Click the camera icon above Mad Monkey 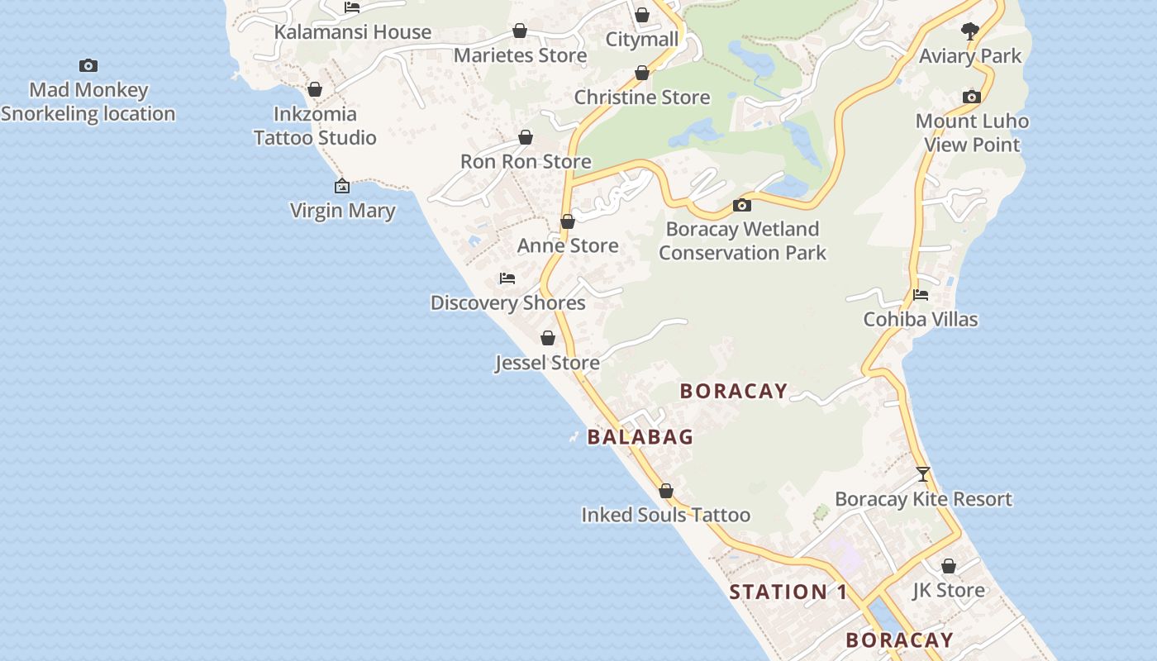tap(88, 66)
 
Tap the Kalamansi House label tap(353, 32)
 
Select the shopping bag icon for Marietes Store tap(520, 31)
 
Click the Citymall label tap(642, 40)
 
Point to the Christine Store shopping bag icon tap(642, 74)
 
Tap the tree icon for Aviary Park tap(970, 32)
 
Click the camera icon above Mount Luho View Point tap(972, 97)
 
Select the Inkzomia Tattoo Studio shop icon tap(315, 89)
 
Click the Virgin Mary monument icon tap(342, 187)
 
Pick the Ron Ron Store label tap(526, 161)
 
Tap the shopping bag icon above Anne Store tap(568, 221)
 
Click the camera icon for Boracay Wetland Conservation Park tap(742, 205)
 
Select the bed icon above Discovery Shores tap(507, 278)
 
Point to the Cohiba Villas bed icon tap(921, 295)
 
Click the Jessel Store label tap(547, 363)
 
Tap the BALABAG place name tap(640, 437)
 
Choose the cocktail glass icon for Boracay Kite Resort tap(923, 474)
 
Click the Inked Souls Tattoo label tap(666, 515)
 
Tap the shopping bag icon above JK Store tap(949, 566)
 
